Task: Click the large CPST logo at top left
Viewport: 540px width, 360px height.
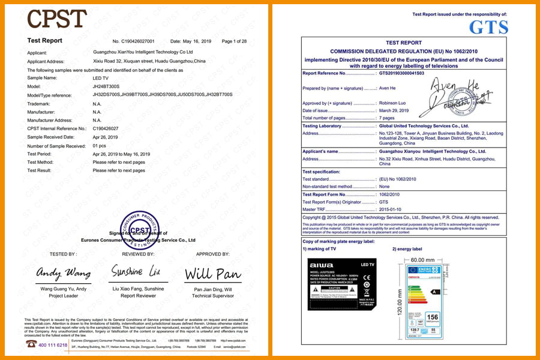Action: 56,19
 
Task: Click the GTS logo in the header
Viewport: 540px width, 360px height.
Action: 488,26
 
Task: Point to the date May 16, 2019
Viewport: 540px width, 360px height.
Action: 196,41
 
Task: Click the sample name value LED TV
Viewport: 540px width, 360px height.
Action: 101,78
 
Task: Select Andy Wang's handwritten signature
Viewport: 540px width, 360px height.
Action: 64,273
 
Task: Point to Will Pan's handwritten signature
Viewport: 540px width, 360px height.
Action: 213,274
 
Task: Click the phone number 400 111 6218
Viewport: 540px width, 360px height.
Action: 53,345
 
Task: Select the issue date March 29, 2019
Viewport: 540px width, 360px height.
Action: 394,110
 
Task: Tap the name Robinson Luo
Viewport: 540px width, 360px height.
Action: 395,103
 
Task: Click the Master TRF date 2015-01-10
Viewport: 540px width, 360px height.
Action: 391,208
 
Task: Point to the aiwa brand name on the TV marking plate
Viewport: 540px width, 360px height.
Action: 317,265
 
